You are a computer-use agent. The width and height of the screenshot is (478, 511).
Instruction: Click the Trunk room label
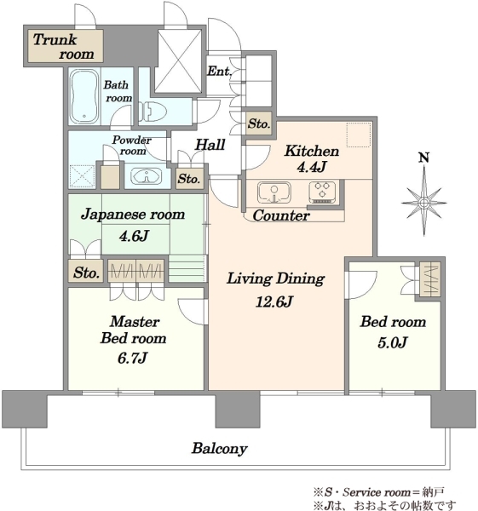[x=64, y=46]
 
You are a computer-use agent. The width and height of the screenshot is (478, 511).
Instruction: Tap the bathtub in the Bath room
[x=84, y=96]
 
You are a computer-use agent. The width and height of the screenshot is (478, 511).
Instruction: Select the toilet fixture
[x=153, y=112]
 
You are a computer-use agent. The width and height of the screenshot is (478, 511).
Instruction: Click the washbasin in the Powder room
[x=146, y=176]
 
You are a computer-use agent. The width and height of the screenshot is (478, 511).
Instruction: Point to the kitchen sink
[x=274, y=192]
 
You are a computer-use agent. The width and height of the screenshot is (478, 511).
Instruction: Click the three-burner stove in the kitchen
[x=322, y=192]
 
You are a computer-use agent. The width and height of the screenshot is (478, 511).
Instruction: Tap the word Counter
[x=281, y=215]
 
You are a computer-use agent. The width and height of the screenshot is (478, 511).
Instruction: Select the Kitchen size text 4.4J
[x=311, y=167]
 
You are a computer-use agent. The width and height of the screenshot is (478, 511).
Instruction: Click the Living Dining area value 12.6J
[x=274, y=301]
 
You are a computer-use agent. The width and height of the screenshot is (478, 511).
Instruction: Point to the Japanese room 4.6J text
[x=134, y=235]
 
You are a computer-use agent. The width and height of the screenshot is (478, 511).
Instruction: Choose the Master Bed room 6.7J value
[x=132, y=358]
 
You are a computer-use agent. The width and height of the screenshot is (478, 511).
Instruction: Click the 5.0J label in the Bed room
[x=393, y=342]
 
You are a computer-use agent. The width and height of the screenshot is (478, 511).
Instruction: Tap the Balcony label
[x=219, y=449]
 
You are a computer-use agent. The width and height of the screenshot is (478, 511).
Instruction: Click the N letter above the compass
[x=423, y=158]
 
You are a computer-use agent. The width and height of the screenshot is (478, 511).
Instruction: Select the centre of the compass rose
[x=423, y=203]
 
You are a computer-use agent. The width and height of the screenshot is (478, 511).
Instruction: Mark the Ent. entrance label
[x=219, y=71]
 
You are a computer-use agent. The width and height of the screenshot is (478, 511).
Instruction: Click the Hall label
[x=210, y=145]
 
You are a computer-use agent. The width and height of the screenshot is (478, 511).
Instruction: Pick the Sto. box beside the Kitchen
[x=259, y=123]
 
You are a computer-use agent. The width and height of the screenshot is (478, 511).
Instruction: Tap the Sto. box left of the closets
[x=86, y=272]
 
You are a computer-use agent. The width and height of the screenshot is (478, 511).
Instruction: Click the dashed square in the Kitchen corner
[x=359, y=135]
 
